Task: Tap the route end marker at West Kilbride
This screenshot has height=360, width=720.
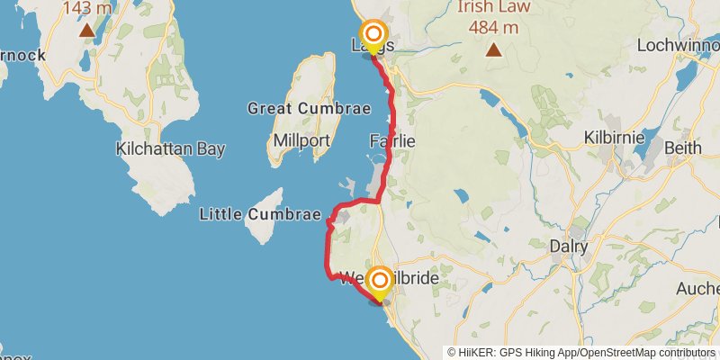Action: click(x=380, y=282)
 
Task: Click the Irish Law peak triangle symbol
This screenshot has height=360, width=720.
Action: click(x=493, y=49)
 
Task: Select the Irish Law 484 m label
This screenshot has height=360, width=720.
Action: click(x=488, y=17)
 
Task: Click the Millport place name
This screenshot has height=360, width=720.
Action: click(x=302, y=141)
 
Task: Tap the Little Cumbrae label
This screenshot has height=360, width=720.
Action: click(x=260, y=214)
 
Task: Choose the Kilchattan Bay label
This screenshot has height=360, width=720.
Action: click(x=170, y=149)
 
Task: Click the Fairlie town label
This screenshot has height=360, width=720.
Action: click(x=392, y=141)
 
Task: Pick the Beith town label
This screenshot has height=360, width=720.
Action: click(x=681, y=147)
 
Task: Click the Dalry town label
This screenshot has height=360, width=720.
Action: click(x=568, y=246)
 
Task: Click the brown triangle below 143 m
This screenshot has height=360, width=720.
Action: click(x=86, y=31)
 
